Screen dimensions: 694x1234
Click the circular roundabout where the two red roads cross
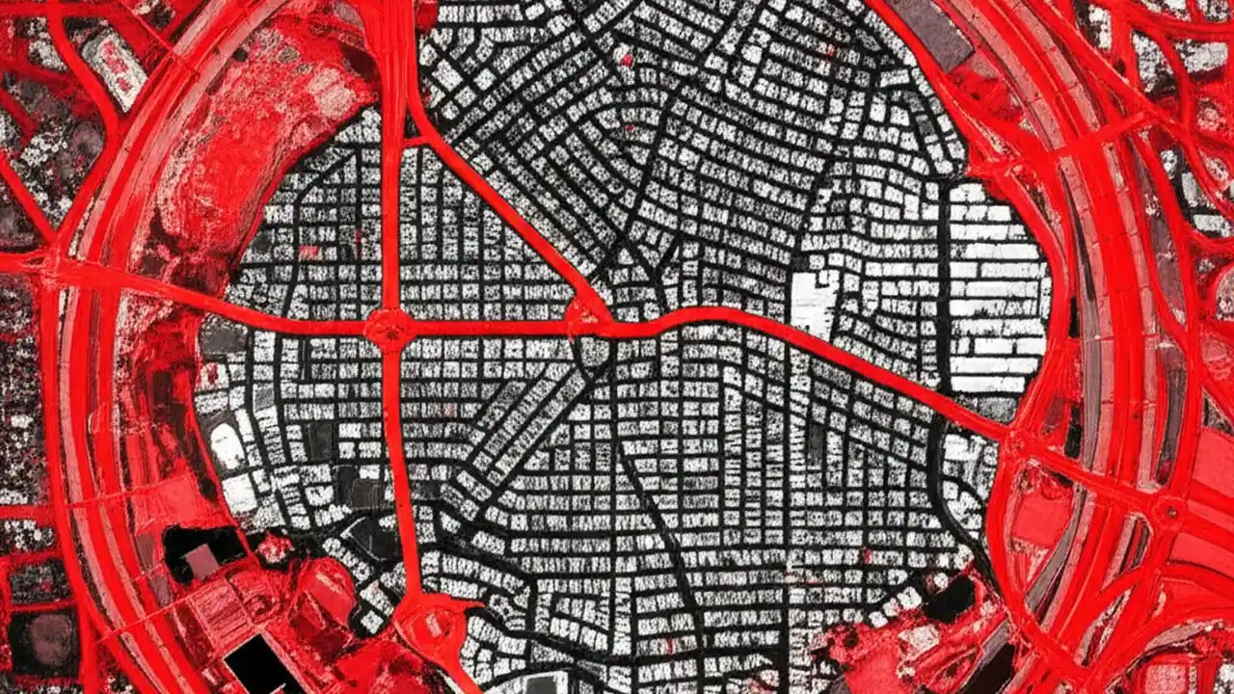pyautogui.click(x=389, y=327)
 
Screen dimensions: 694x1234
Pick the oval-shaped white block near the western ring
pyautogui.click(x=227, y=446)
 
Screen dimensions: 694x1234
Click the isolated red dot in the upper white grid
pyautogui.click(x=626, y=60)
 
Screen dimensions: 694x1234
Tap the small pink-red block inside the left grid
pyautogui.click(x=308, y=253)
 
